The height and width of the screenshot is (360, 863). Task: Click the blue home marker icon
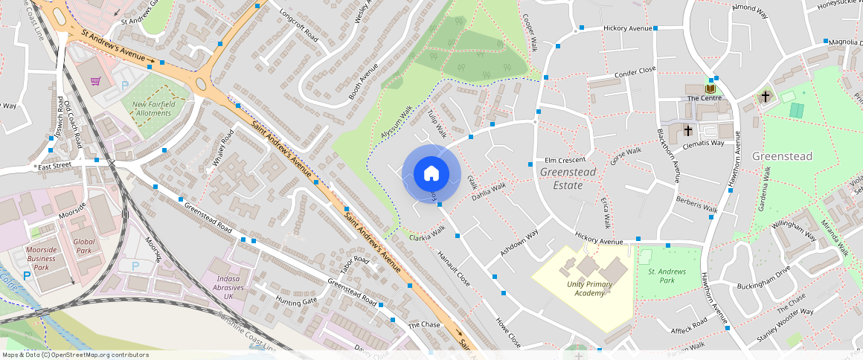pyautogui.click(x=431, y=174)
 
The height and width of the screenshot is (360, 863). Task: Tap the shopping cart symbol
pyautogui.click(x=95, y=81)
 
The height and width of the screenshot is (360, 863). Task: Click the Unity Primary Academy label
pyautogui.click(x=589, y=289)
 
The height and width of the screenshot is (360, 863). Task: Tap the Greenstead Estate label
pyautogui.click(x=568, y=179)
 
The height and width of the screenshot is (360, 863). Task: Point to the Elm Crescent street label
pyautogui.click(x=565, y=160)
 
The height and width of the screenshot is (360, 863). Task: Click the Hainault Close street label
pyautogui.click(x=453, y=269)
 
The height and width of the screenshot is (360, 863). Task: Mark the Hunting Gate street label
pyautogui.click(x=296, y=301)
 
